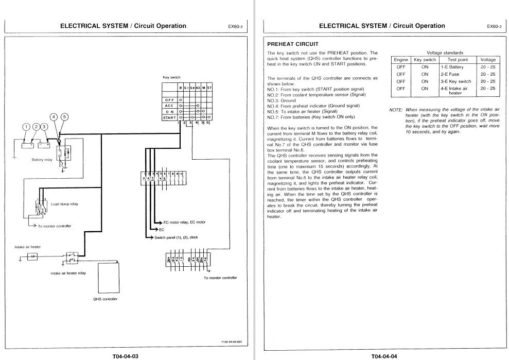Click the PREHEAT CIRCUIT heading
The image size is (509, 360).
[289, 44]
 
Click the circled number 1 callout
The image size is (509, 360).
[25, 127]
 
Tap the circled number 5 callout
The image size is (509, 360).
[64, 116]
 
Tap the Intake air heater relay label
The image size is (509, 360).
[68, 273]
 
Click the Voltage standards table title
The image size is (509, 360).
[445, 53]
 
